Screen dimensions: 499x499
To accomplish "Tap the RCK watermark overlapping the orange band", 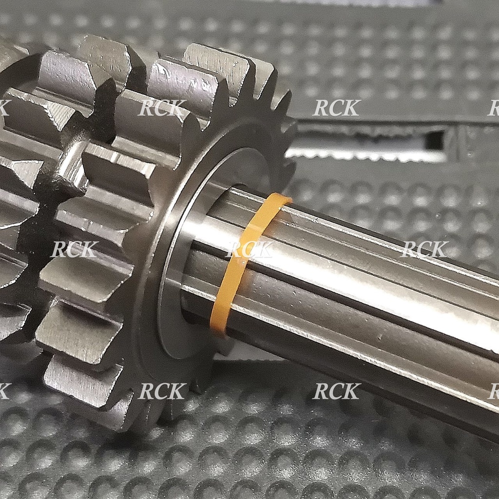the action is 249,249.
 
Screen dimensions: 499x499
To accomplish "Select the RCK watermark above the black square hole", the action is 337,108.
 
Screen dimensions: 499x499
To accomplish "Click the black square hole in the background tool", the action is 434,140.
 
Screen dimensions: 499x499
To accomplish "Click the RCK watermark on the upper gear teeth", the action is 162,108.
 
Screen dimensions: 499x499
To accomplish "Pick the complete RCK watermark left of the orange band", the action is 75,249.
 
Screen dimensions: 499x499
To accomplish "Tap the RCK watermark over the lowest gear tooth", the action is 162,391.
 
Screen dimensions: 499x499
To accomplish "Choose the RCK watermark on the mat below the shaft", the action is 337,391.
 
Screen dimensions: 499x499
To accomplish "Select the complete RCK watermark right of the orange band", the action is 424,249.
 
